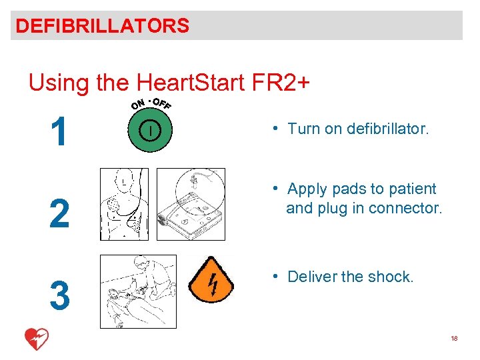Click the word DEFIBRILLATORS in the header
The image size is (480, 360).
(103, 26)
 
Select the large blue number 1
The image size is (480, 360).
(59, 131)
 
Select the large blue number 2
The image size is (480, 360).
(59, 214)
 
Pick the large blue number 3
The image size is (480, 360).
(59, 296)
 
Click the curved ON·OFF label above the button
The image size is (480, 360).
(151, 103)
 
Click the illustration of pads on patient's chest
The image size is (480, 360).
(125, 204)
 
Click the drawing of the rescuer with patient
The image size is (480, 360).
(137, 291)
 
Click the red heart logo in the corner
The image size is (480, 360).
(36, 339)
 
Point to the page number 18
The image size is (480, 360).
(454, 339)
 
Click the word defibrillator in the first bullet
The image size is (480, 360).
(387, 129)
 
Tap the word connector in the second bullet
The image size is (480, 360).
(408, 208)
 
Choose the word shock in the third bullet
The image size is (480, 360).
(392, 277)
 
